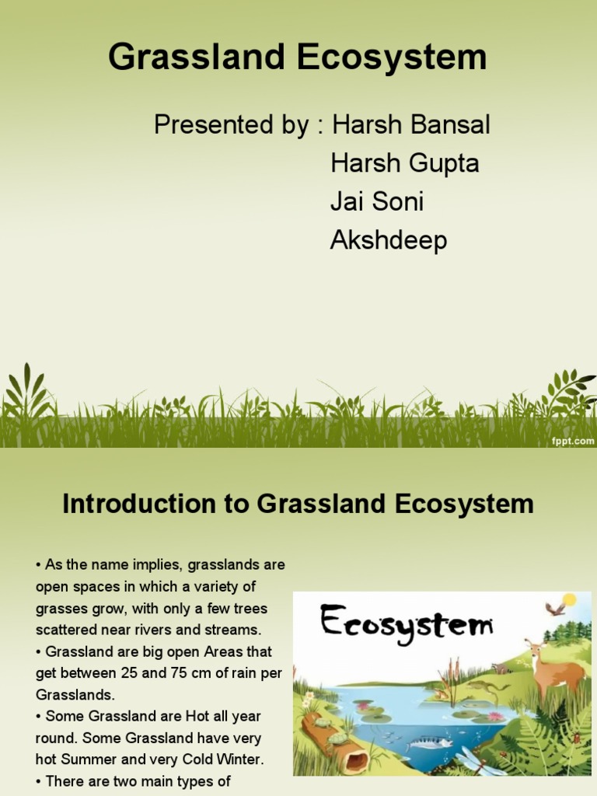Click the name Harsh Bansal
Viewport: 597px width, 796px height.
[410, 124]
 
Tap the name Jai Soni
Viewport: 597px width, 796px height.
[377, 202]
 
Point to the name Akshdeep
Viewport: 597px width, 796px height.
[389, 241]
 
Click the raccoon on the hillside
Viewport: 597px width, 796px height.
[501, 668]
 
